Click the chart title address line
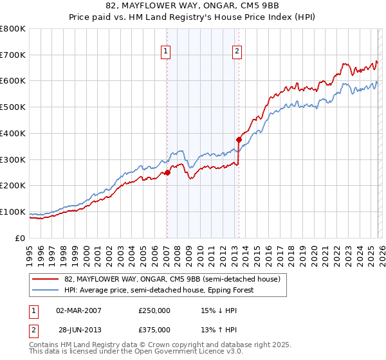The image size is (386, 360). tap(193, 6)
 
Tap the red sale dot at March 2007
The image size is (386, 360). tap(167, 172)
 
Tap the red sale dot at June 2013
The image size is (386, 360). tap(239, 139)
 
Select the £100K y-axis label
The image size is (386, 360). tap(13, 212)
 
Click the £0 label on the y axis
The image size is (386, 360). tap(19, 238)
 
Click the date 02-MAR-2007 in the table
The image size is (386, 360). tap(78, 310)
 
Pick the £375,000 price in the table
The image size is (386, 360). tap(154, 330)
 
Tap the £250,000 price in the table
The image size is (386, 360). tap(154, 310)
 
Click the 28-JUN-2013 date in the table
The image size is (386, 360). tap(78, 330)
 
